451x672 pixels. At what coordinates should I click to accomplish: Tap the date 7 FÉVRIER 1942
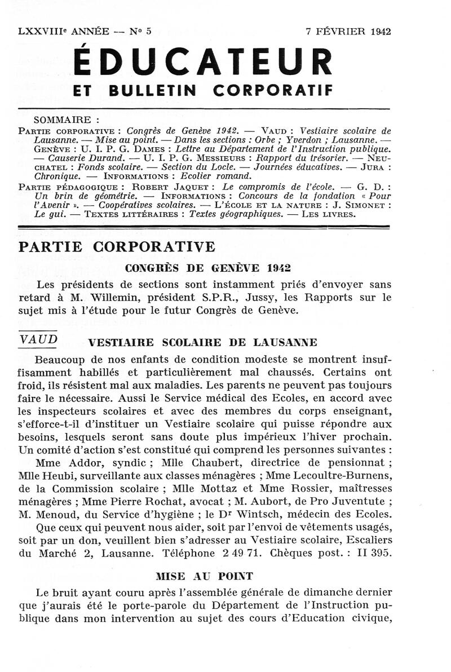pos(348,32)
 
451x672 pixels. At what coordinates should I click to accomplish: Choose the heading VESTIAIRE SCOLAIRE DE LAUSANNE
pos(202,342)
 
